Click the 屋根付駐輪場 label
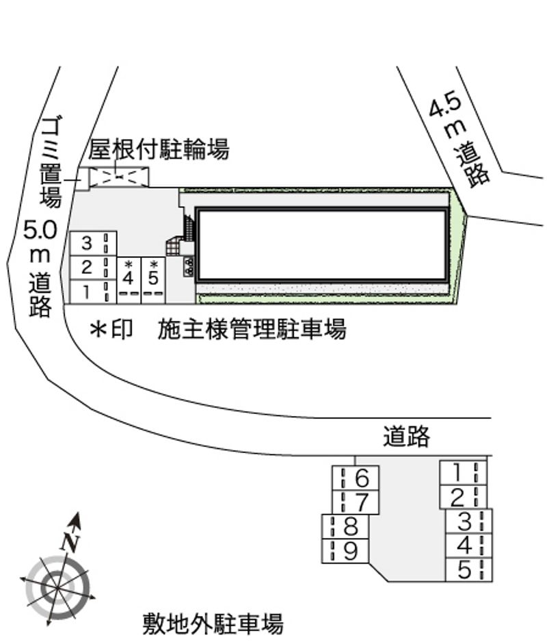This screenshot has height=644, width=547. tap(159, 149)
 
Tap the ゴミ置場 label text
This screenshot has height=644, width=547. tap(52, 162)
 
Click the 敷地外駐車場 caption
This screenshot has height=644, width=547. tap(213, 623)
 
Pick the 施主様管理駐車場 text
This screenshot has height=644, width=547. tap(252, 329)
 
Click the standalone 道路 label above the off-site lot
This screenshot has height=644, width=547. tap(406, 436)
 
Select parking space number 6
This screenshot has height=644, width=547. tap(356, 478)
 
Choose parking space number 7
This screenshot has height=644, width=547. tap(356, 502)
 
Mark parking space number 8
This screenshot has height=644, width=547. tap(345, 526)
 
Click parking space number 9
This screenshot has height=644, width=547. tap(345, 551)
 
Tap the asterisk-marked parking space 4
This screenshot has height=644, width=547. tap(129, 281)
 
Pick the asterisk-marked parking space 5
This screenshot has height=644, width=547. tap(153, 281)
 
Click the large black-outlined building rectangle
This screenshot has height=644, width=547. tap(322, 245)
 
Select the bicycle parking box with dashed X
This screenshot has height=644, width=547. tap(119, 177)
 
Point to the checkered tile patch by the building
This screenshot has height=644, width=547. tap(173, 246)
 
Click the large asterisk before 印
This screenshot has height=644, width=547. tap(99, 329)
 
